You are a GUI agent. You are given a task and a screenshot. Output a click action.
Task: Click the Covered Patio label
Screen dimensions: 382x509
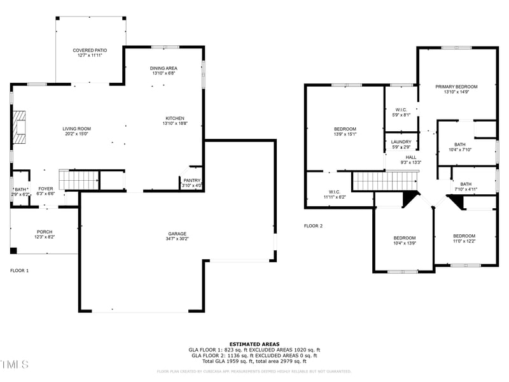click(89, 50)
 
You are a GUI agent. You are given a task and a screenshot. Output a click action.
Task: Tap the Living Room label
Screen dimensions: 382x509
click(76, 129)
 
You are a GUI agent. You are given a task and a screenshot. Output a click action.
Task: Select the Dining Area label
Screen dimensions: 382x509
click(164, 68)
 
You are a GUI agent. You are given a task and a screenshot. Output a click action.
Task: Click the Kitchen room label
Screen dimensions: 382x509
click(175, 118)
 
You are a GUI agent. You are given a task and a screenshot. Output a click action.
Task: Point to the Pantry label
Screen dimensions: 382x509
click(192, 180)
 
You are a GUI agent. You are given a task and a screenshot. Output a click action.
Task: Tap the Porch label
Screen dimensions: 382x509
click(45, 232)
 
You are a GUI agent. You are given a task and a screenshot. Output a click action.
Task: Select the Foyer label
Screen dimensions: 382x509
click(46, 188)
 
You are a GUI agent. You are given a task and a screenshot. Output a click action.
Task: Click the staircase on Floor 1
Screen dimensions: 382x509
click(79, 180)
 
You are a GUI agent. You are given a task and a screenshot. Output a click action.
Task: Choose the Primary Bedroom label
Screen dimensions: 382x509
click(456, 87)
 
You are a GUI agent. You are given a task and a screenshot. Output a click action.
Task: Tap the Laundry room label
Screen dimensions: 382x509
click(401, 142)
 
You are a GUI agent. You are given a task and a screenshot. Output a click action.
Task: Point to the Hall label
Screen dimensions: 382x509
click(411, 157)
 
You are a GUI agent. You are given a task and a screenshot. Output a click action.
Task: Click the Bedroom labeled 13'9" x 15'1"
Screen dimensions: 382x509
click(345, 129)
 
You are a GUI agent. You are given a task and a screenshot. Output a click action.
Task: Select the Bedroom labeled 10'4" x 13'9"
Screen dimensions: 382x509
click(404, 238)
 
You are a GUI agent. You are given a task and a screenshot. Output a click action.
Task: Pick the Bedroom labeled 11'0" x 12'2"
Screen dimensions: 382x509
click(464, 236)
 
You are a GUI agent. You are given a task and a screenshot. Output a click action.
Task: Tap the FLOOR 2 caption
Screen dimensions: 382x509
click(313, 226)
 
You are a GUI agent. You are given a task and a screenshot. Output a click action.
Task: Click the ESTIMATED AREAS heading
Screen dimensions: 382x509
click(254, 344)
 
